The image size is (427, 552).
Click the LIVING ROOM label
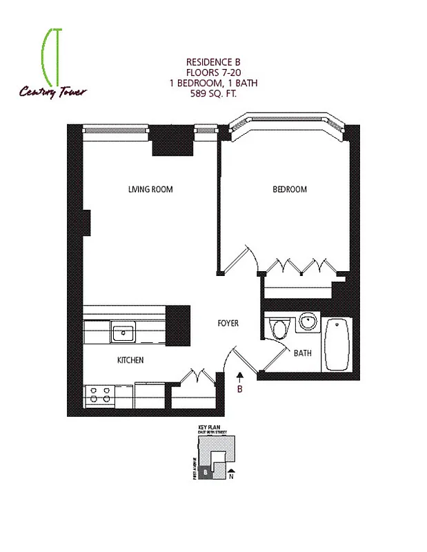tap(150, 189)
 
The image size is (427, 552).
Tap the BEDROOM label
tap(289, 189)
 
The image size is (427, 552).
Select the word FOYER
tap(228, 323)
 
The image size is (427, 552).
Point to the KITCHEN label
tap(130, 360)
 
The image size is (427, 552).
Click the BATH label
tap(302, 353)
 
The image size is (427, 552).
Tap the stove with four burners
tap(99, 395)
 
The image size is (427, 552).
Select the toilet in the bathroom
tap(279, 328)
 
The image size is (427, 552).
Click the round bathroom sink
tap(308, 322)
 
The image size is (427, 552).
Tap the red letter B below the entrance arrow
tap(240, 388)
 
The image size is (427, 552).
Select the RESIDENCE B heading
tap(213, 61)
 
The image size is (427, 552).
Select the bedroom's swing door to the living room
tap(251, 259)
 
